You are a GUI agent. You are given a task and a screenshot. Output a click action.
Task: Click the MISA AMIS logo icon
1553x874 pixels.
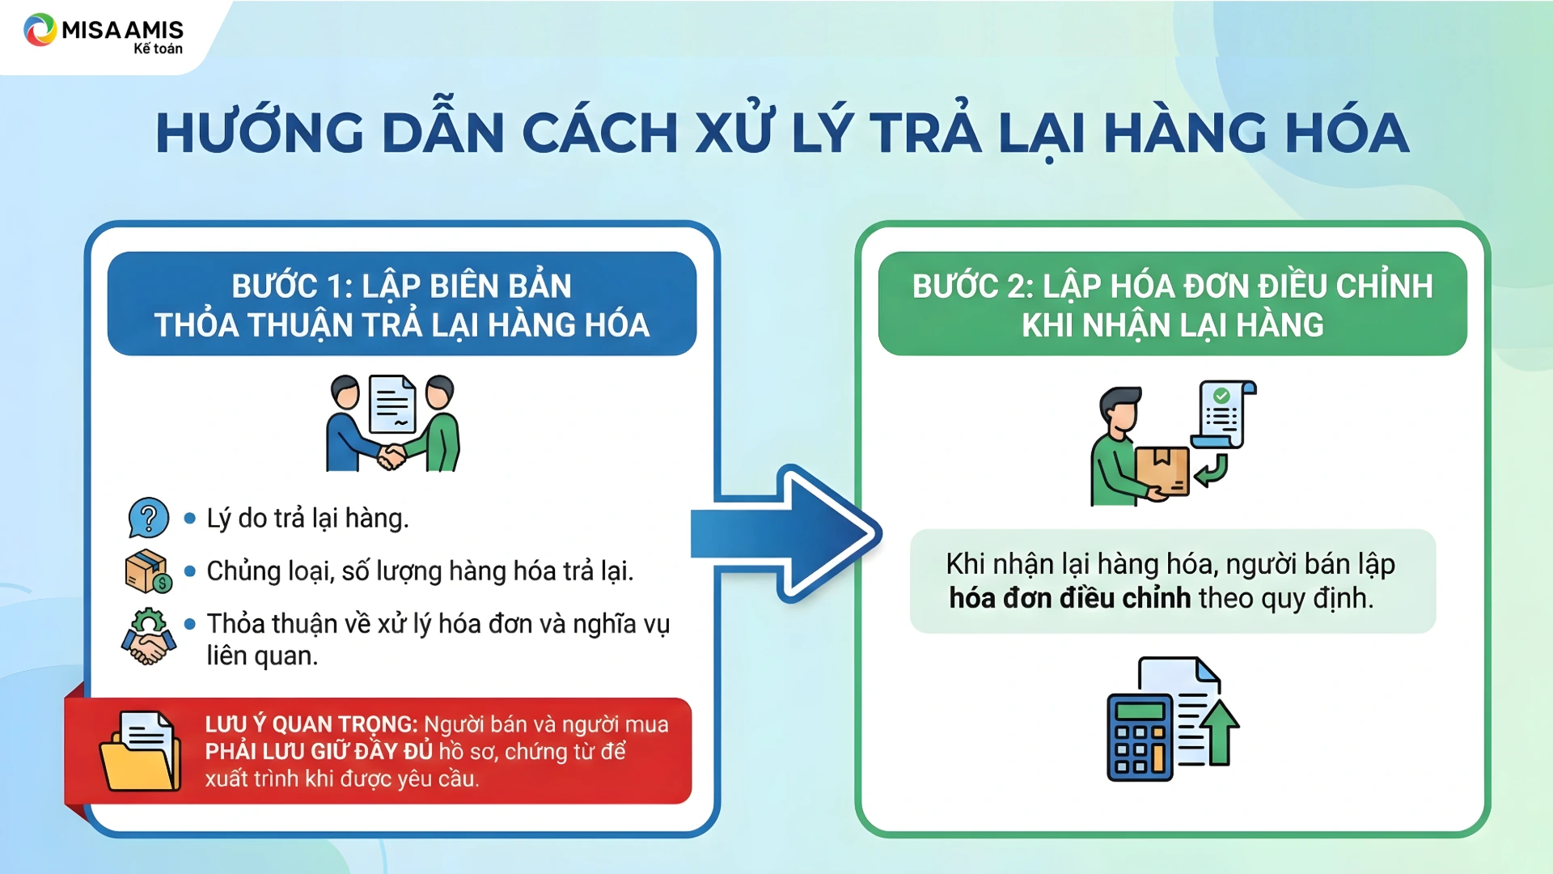pos(40,31)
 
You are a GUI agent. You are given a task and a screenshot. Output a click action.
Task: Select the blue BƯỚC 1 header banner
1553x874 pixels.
pos(402,303)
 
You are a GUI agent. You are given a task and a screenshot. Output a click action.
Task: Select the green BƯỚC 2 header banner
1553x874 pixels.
pos(1173,303)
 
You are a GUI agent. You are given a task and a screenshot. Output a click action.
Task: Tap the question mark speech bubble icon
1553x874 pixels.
pos(149,518)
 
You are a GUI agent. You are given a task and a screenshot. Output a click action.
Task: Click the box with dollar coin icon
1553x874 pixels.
pos(149,571)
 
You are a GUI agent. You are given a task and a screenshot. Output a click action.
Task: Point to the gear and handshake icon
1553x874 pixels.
pos(149,637)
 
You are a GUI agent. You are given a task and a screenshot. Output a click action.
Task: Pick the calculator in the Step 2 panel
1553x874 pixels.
pos(1140,737)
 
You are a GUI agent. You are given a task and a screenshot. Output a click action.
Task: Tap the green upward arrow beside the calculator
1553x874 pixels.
pos(1221,733)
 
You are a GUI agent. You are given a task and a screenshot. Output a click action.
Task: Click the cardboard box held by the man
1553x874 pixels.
pos(1162,471)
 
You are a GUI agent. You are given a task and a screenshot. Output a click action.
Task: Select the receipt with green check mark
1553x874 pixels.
pos(1224,414)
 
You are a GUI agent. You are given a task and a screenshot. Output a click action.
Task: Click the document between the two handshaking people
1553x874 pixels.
pos(392,404)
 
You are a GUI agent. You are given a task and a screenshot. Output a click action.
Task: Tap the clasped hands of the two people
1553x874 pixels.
pos(392,457)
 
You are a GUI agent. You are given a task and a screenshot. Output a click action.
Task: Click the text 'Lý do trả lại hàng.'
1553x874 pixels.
pos(307,518)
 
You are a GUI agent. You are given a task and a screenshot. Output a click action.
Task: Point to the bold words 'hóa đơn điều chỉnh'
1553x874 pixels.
pos(1069,598)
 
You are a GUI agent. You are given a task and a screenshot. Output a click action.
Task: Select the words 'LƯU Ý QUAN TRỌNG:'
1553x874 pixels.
pos(311,724)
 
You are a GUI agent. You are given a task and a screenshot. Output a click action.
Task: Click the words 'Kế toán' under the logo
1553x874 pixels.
pos(158,49)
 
